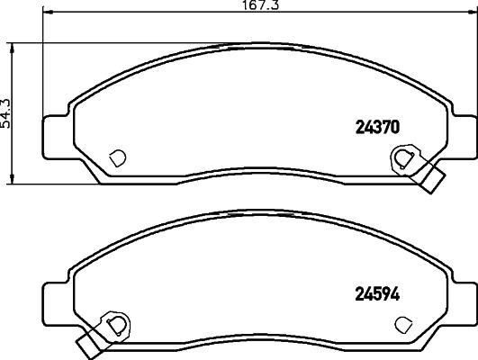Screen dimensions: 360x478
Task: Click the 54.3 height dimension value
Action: click(7, 114)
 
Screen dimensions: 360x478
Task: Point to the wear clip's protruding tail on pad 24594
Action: click(86, 343)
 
